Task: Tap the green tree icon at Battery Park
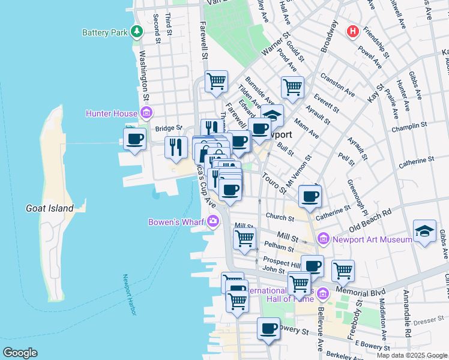click(x=137, y=31)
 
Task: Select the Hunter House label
click(x=112, y=113)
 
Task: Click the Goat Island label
click(x=49, y=208)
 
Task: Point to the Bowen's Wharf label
click(x=176, y=223)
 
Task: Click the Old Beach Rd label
click(x=370, y=220)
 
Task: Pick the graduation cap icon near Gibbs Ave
click(x=424, y=231)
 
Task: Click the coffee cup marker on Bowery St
click(x=268, y=329)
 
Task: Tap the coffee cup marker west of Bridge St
click(x=135, y=139)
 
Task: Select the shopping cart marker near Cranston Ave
click(x=292, y=86)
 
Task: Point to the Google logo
click(x=20, y=353)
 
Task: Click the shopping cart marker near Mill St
click(x=244, y=238)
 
